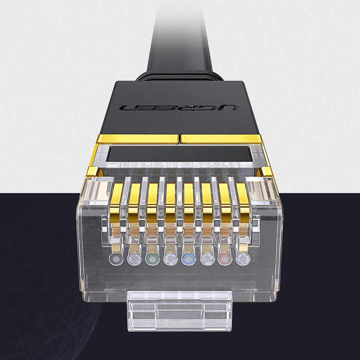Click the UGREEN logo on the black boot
coord(179,109)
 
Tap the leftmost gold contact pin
coord(117,198)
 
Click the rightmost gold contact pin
coord(242,198)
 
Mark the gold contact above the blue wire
coord(189,198)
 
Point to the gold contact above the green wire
coord(153,198)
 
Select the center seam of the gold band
coord(179,138)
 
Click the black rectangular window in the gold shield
coord(179,154)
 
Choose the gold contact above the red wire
coord(224,198)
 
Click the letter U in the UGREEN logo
coord(230,109)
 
